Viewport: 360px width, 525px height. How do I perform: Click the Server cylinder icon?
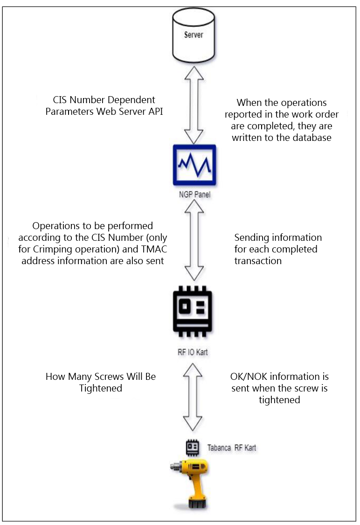[194, 35]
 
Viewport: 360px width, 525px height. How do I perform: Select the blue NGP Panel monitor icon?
[194, 165]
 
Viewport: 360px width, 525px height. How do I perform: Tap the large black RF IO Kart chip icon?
[193, 311]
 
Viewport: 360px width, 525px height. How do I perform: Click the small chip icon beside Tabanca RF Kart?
[193, 448]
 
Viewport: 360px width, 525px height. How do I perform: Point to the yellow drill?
[190, 484]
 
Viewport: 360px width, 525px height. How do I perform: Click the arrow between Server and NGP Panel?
[194, 105]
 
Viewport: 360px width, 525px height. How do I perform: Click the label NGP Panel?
[194, 195]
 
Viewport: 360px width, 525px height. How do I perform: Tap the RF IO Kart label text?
[193, 352]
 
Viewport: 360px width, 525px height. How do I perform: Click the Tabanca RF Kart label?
[231, 448]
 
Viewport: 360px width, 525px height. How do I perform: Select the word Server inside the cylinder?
[194, 35]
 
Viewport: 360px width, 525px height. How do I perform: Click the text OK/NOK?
[249, 377]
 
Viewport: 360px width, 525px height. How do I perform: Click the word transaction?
[258, 261]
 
